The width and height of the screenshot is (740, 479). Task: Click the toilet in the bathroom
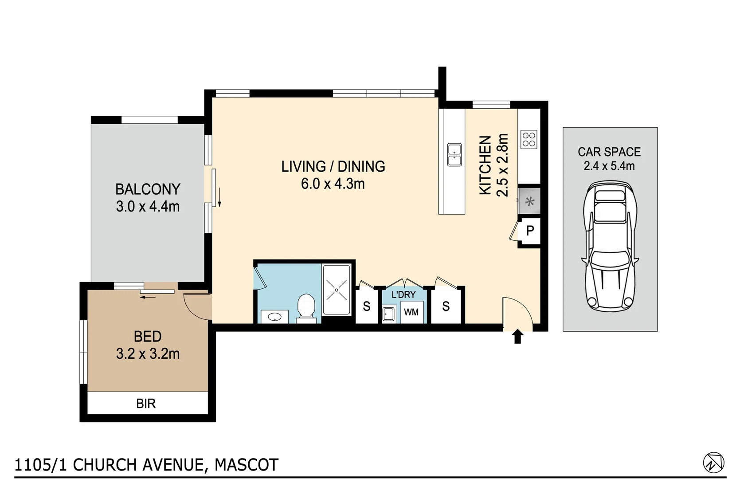click(305, 306)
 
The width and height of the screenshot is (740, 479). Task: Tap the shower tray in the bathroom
click(337, 290)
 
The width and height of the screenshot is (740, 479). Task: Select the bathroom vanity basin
click(274, 317)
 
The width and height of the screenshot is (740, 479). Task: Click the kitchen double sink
click(454, 155)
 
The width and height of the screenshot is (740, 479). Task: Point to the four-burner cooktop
click(529, 139)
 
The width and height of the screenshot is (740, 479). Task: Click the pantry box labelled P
click(530, 231)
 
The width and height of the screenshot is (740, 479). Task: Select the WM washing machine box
click(411, 312)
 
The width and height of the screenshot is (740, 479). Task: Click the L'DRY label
click(403, 294)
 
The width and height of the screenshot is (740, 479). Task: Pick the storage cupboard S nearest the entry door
click(446, 306)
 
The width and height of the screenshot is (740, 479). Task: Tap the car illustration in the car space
click(610, 247)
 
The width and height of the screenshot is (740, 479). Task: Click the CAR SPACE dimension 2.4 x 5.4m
click(609, 166)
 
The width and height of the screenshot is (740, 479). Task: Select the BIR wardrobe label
click(146, 404)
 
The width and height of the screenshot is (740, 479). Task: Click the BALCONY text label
click(148, 189)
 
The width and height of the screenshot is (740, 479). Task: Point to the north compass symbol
click(713, 463)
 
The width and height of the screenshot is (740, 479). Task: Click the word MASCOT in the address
click(247, 465)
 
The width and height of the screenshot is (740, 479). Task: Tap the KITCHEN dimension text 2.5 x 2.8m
click(502, 165)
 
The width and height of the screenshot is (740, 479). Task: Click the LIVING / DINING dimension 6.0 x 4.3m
click(333, 184)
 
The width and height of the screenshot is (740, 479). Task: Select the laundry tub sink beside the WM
click(389, 314)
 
